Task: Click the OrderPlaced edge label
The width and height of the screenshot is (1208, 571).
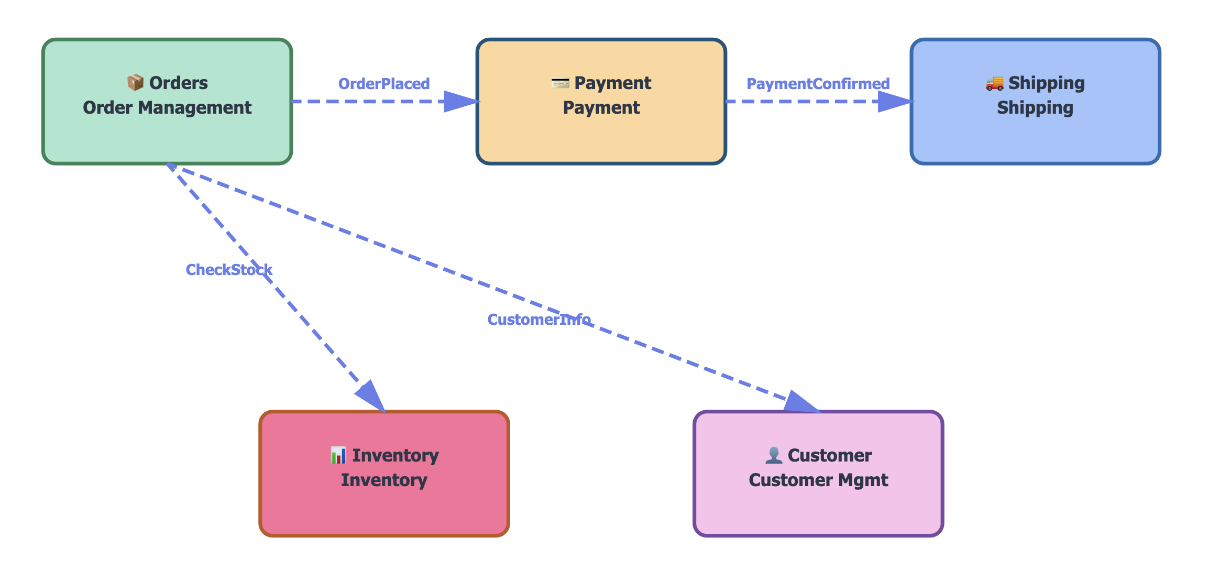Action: (x=384, y=84)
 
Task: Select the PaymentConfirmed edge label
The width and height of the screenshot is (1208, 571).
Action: (x=818, y=84)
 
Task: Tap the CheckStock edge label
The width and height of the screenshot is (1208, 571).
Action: (x=229, y=270)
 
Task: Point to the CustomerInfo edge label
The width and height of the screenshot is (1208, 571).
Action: (x=539, y=320)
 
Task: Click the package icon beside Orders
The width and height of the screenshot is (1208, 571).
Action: (x=135, y=83)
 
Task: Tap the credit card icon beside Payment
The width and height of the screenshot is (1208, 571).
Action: (x=560, y=83)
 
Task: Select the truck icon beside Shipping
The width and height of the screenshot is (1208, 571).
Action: (x=994, y=83)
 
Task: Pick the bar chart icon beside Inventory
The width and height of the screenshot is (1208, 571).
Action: (x=338, y=455)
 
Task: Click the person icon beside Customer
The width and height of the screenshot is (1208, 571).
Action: (x=773, y=455)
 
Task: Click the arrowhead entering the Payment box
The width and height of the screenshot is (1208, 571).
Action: (x=461, y=102)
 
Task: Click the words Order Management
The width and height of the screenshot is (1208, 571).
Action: (x=167, y=108)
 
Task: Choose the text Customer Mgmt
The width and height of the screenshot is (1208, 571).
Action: (x=818, y=480)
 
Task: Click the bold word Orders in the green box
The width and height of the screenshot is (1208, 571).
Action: (x=179, y=83)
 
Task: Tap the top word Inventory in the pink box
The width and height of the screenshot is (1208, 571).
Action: (x=396, y=455)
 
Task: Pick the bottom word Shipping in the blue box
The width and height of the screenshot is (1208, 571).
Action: (x=1035, y=108)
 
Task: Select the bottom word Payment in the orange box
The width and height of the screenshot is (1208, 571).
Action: (x=601, y=108)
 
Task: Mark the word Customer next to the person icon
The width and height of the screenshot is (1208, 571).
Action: (x=830, y=455)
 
